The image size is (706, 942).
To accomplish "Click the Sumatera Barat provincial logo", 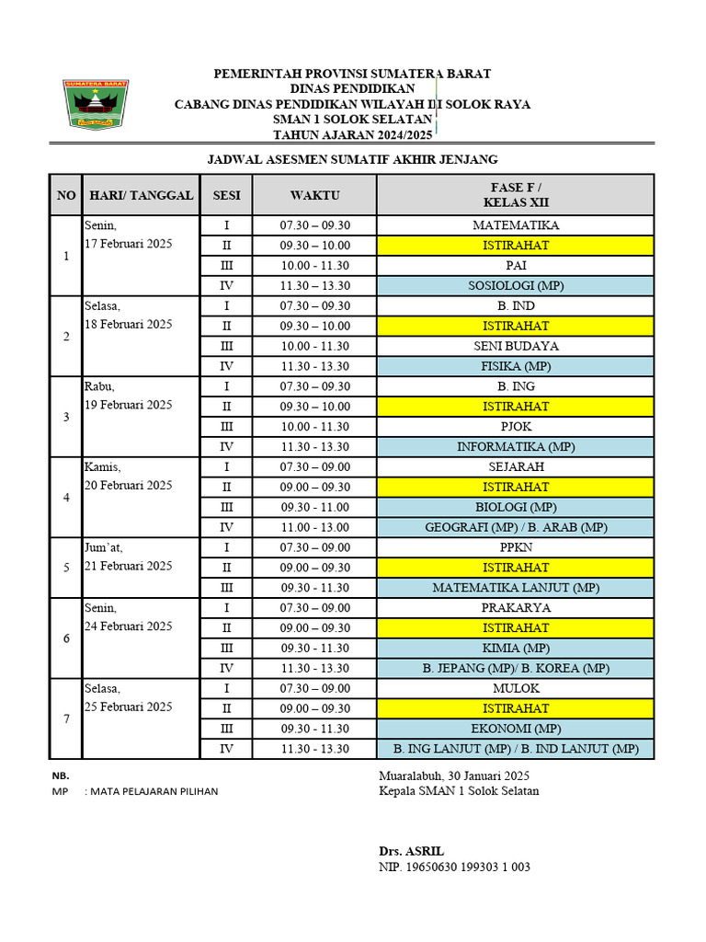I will click(x=96, y=103).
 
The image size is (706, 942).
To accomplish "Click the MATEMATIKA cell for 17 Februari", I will click(x=516, y=225).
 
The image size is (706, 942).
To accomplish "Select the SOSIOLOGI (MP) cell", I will click(x=516, y=286).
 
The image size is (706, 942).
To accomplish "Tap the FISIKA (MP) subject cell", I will click(x=516, y=366).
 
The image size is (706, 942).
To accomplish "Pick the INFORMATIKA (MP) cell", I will click(x=516, y=447).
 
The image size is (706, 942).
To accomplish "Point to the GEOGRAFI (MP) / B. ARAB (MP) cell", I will click(x=516, y=527).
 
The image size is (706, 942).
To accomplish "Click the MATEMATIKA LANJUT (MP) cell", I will click(x=516, y=588).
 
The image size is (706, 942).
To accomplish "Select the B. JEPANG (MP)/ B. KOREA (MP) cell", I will click(x=516, y=669).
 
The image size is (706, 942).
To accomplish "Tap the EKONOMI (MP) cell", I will click(x=516, y=729).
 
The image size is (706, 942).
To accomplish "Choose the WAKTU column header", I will click(x=314, y=195).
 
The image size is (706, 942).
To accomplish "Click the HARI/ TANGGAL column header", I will click(x=141, y=195).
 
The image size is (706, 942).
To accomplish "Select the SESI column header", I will click(x=226, y=195).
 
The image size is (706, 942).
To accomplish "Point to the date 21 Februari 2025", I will click(x=128, y=566).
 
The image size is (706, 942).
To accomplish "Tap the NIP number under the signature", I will click(x=454, y=867).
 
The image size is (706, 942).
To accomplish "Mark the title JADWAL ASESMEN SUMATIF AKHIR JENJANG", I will click(x=352, y=159).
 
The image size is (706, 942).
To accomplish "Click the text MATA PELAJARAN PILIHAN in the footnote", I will click(x=152, y=791).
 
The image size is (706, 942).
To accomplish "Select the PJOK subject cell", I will click(x=516, y=427).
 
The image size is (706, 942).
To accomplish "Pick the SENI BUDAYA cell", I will click(x=516, y=346).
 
